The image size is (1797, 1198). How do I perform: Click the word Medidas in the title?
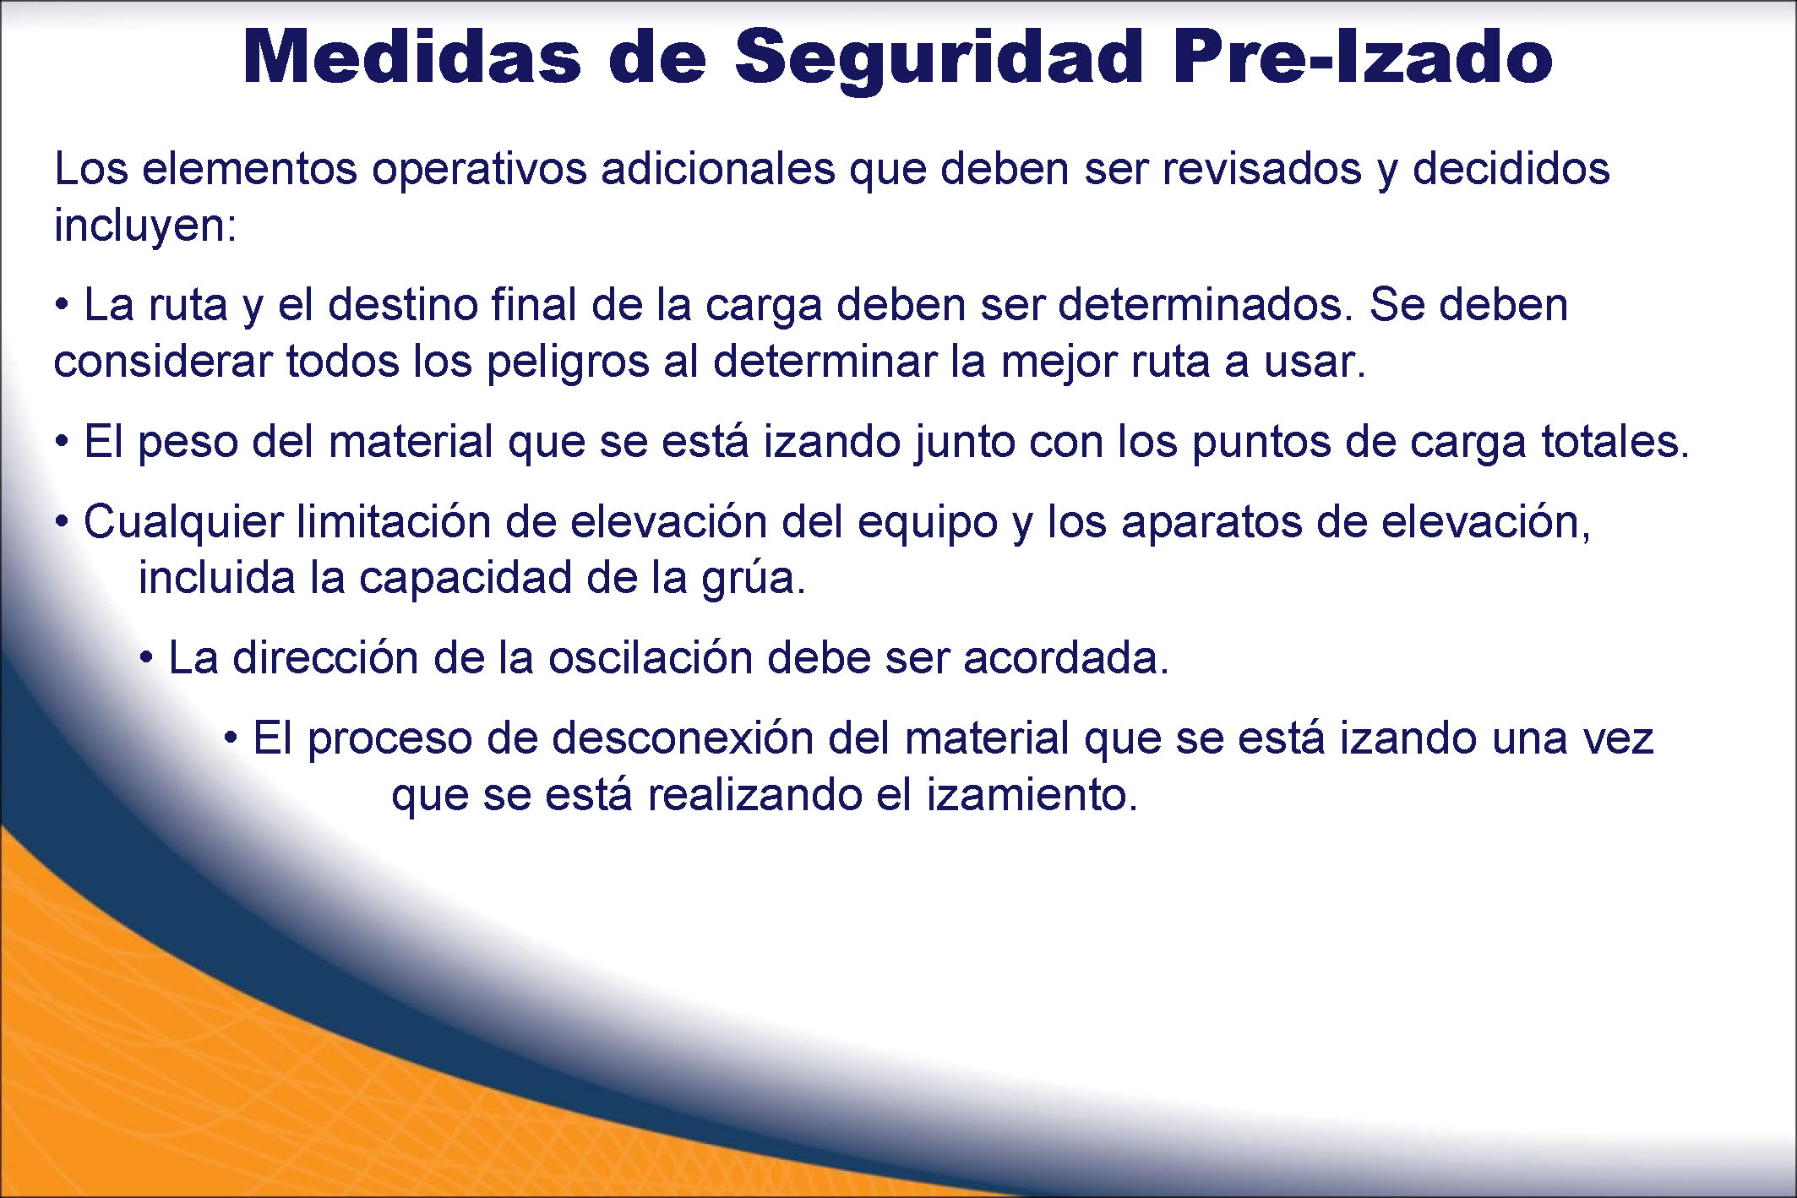tap(412, 57)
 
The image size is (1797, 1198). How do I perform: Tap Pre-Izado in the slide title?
tap(1363, 57)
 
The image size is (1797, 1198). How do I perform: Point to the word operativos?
tap(479, 170)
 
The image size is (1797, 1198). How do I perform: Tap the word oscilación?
tap(651, 657)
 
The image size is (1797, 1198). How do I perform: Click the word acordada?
tap(1066, 657)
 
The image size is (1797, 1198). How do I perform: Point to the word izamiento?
tap(1032, 794)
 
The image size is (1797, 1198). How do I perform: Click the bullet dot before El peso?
tap(62, 442)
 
